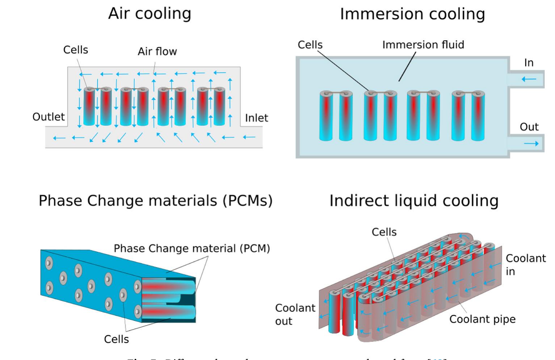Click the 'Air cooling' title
[x=150, y=14]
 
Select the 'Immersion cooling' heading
[x=412, y=14]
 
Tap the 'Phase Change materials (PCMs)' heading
[x=155, y=201]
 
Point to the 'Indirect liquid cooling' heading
[x=414, y=201]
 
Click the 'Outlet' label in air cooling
[x=49, y=117]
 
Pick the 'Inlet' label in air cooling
[x=256, y=118]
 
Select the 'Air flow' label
[x=157, y=51]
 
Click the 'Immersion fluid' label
[x=423, y=45]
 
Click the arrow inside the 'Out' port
[x=531, y=144]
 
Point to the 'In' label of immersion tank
[x=529, y=63]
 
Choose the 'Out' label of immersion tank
[x=529, y=127]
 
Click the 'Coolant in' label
[x=525, y=265]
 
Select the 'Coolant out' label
[x=295, y=314]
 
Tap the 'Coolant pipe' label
[x=482, y=319]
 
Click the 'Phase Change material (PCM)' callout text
[x=192, y=248]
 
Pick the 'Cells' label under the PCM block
[x=116, y=339]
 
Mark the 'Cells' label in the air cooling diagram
[x=75, y=50]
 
